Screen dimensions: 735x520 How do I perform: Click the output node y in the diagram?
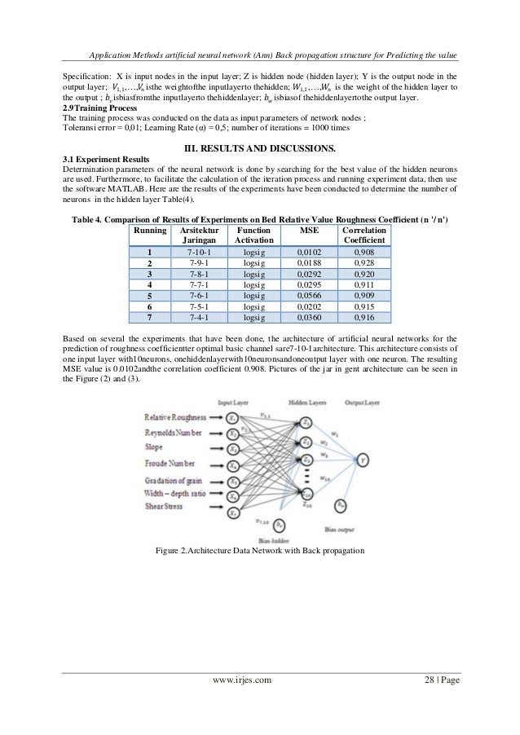point(359,458)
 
